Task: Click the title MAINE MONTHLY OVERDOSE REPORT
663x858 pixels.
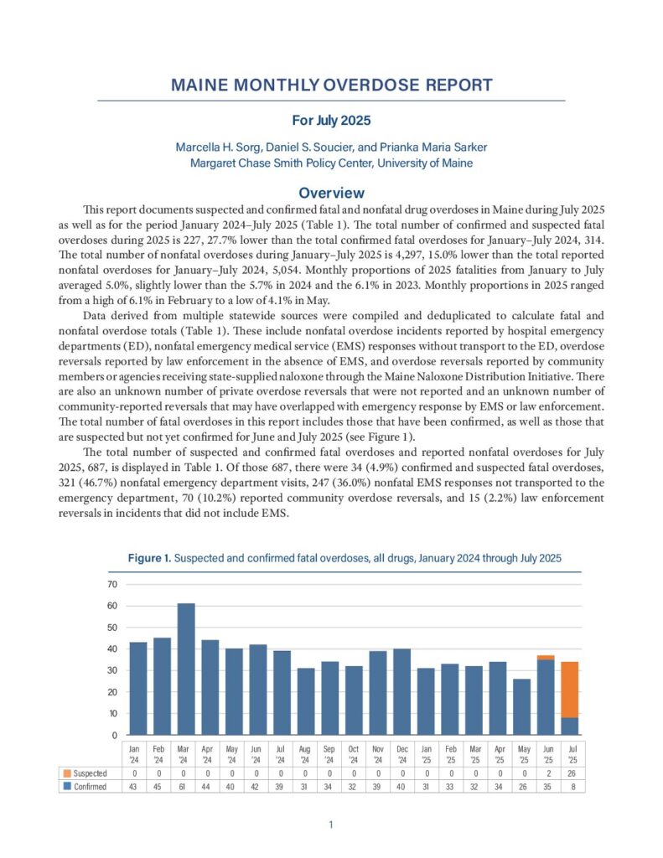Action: tap(331, 85)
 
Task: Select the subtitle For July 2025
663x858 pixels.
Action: tap(331, 120)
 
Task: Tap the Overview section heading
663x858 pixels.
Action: tap(331, 193)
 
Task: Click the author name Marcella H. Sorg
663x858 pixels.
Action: tap(220, 147)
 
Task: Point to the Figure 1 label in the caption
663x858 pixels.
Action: tap(151, 557)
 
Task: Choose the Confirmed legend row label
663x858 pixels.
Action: tap(91, 787)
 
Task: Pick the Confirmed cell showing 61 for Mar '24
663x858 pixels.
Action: tap(186, 787)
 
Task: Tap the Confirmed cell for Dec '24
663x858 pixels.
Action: tap(401, 787)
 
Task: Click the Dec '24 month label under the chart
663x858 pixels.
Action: tap(401, 752)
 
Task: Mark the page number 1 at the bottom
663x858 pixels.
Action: tap(331, 825)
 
